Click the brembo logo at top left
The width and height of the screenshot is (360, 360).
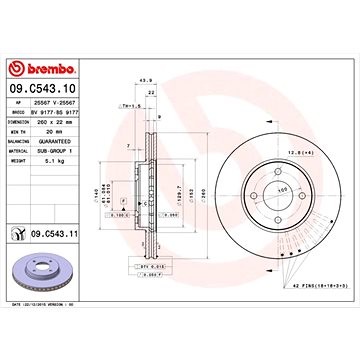[37, 68]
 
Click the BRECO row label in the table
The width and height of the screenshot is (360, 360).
[18, 112]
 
